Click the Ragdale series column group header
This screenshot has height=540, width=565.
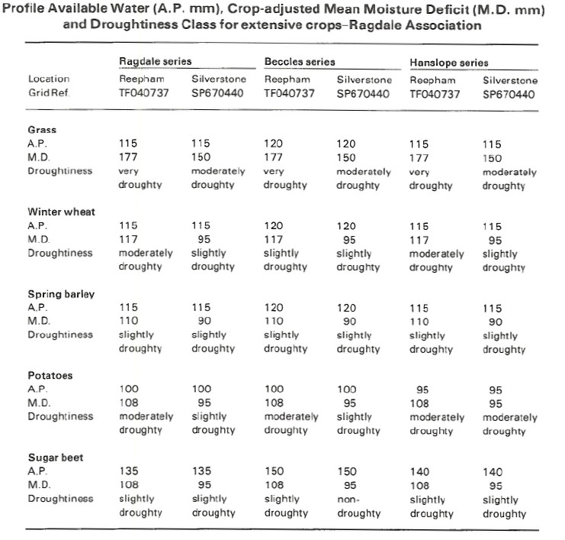(x=156, y=61)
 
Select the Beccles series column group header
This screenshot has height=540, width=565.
(x=300, y=62)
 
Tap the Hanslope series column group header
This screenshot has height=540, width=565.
(x=449, y=63)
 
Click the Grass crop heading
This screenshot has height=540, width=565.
(x=42, y=130)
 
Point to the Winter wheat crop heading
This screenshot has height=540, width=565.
(x=61, y=212)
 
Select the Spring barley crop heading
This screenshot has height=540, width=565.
(x=61, y=294)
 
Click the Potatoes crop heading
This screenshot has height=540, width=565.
(x=50, y=375)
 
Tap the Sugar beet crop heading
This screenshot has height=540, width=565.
(x=56, y=458)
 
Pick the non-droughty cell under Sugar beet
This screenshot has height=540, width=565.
(x=358, y=506)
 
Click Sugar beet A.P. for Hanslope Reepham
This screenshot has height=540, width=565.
(x=419, y=472)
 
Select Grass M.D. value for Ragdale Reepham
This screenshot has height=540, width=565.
(x=128, y=157)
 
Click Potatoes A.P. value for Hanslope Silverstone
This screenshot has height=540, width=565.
(x=496, y=390)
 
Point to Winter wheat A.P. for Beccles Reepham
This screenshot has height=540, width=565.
(x=274, y=226)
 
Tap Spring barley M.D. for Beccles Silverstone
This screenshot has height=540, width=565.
(x=349, y=322)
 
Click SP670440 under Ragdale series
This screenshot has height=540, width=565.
(x=217, y=93)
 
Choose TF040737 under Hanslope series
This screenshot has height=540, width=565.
(x=435, y=95)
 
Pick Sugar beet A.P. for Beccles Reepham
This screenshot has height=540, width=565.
(x=274, y=471)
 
